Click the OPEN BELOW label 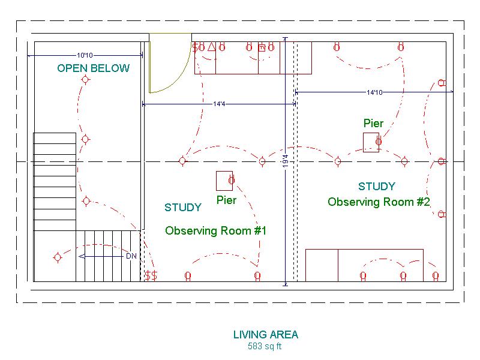(x=94, y=68)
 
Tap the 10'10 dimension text (x=85, y=55)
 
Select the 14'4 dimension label (x=219, y=104)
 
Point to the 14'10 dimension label (x=374, y=92)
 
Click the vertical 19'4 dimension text (x=286, y=161)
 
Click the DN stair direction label (x=131, y=256)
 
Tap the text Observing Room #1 (x=215, y=230)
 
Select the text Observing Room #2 (x=379, y=202)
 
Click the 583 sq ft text (x=265, y=346)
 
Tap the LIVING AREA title (x=266, y=335)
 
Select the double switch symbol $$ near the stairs (x=151, y=275)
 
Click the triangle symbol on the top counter (x=212, y=47)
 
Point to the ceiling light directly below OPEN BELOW (x=85, y=80)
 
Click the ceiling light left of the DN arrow (x=58, y=257)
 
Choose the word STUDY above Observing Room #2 (x=377, y=187)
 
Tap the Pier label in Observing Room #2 (x=373, y=124)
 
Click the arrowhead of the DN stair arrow (x=81, y=256)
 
